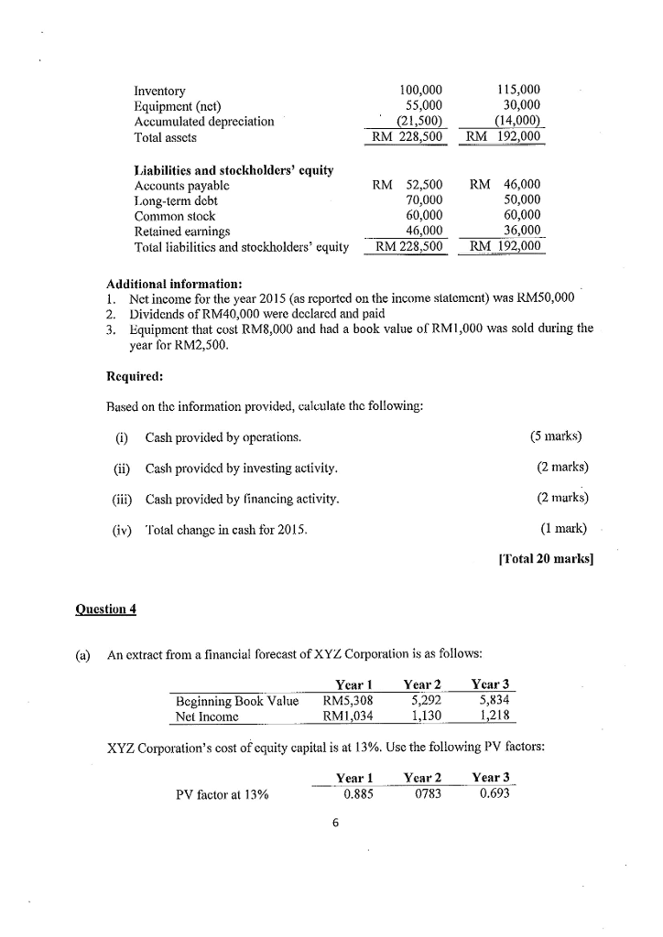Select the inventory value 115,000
point(517,91)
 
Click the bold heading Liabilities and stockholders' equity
point(234,170)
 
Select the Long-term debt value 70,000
point(423,200)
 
